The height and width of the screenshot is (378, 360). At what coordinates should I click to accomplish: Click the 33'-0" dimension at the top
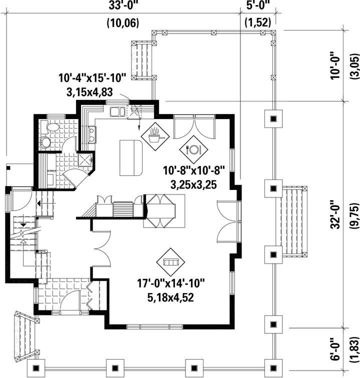(x=123, y=5)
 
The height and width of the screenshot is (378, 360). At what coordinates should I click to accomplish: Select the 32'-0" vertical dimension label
(x=335, y=214)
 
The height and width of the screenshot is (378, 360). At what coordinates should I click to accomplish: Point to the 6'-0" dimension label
(x=335, y=349)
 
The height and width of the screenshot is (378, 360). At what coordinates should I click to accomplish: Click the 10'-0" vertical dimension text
(x=335, y=65)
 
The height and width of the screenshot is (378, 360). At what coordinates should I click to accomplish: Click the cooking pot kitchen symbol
(x=155, y=136)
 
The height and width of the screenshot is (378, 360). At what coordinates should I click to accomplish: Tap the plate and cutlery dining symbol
(x=193, y=149)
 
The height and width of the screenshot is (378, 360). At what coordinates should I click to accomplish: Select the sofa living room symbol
(x=170, y=262)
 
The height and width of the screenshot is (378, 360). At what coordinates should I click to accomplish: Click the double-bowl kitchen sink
(x=117, y=112)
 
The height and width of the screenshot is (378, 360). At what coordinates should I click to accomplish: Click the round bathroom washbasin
(x=45, y=141)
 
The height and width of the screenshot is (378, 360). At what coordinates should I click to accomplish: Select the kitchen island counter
(x=131, y=157)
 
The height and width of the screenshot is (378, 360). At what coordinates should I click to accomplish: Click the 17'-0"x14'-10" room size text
(x=171, y=283)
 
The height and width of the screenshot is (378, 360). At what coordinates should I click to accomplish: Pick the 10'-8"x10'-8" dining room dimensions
(x=194, y=170)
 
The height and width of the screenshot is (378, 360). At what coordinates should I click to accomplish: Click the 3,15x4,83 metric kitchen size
(x=89, y=92)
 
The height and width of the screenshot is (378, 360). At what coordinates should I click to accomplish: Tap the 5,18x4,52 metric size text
(x=170, y=297)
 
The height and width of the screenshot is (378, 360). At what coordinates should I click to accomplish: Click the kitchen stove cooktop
(x=92, y=134)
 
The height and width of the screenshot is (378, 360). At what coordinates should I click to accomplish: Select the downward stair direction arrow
(x=23, y=225)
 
